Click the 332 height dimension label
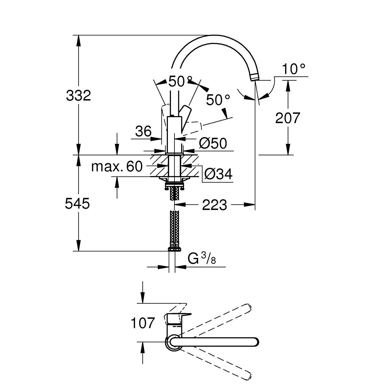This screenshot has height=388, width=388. pos(78,96)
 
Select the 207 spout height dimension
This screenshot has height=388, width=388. pos(287,118)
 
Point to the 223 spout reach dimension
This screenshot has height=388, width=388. pos(214,205)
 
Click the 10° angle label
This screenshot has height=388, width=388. pos(294,69)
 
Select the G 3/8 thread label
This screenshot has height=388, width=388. pos(202,259)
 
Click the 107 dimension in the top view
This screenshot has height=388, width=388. pos(143,323)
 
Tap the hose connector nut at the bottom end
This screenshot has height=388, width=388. pos(174,249)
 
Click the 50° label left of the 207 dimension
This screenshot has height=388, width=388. pos(218,100)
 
